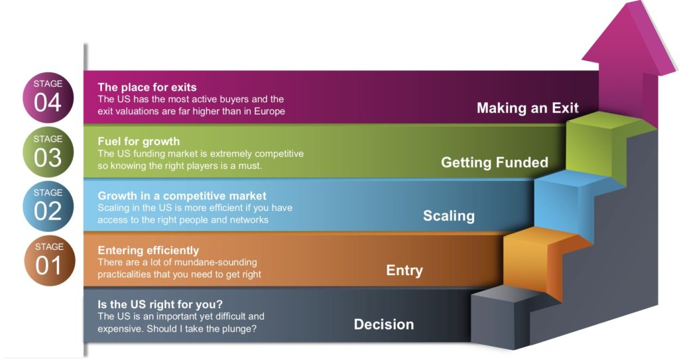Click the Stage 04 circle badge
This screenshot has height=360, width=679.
[x=48, y=97]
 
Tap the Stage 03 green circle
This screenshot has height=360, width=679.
[x=48, y=152]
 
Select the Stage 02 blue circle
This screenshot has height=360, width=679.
[x=48, y=206]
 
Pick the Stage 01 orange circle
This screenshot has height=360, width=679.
[x=49, y=261]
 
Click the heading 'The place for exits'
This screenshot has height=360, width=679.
[x=147, y=87]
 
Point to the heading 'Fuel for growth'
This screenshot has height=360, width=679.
[x=139, y=141]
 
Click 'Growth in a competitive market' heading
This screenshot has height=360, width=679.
[x=182, y=196]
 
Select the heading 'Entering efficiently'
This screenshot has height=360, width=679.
[x=148, y=250]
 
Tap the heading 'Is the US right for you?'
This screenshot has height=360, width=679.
[x=160, y=304]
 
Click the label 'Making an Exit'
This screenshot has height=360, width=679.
[x=527, y=108]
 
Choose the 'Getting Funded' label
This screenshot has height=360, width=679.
[x=495, y=162]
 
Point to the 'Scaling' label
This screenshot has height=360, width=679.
[x=449, y=215]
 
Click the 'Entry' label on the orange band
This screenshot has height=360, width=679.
[x=404, y=270]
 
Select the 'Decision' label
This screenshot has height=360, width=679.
[x=384, y=324]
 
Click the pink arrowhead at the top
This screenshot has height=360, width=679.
[x=629, y=38]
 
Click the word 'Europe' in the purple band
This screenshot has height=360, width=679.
[x=269, y=111]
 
